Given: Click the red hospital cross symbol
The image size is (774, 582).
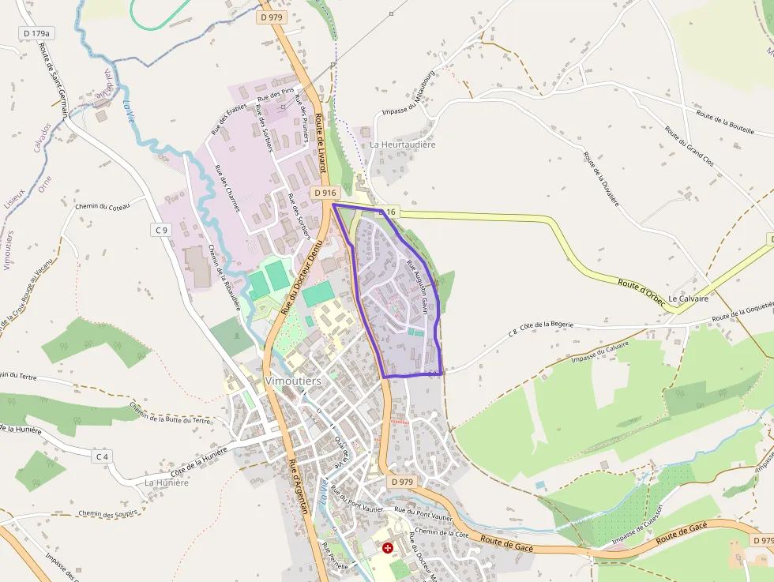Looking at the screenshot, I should (388, 547).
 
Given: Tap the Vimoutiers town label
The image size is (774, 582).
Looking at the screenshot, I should (294, 381).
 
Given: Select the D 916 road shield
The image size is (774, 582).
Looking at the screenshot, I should (325, 193).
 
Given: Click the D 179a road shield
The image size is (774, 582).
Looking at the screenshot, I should (36, 33).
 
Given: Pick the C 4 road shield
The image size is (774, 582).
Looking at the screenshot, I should (102, 456).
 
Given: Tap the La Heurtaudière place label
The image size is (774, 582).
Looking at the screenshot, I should (403, 145).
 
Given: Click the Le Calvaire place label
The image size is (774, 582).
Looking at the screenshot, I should (688, 299).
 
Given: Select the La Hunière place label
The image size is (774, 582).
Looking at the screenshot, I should (167, 482).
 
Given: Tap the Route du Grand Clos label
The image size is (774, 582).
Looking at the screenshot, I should (689, 145).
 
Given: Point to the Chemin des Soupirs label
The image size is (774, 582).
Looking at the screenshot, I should (107, 513).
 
